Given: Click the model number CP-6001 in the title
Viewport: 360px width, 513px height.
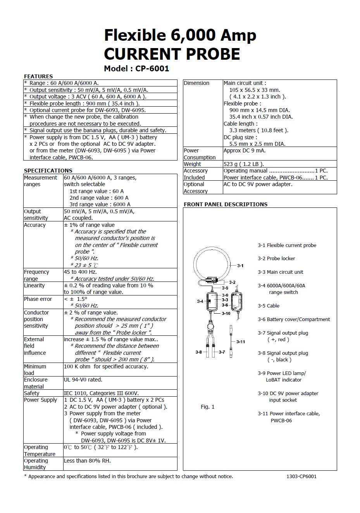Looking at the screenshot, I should [152, 69].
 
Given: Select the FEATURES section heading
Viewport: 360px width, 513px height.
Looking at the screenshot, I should [38, 76].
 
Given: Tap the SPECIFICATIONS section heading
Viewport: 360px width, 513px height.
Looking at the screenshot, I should [48, 171].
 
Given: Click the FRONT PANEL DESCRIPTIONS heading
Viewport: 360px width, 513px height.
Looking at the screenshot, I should [226, 204].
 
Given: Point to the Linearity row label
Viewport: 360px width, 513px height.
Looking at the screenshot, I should [34, 286].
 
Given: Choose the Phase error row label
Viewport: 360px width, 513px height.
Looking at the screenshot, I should [38, 299].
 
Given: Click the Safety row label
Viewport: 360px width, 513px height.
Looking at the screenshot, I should [32, 393].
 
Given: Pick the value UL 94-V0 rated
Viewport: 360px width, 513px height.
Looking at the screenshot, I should [83, 380].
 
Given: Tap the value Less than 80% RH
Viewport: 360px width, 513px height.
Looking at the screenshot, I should [87, 461].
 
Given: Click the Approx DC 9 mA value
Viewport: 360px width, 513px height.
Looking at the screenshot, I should [245, 150].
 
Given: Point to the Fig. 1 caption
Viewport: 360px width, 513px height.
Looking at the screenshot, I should [207, 407].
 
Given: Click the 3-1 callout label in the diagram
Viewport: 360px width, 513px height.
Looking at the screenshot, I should [240, 266].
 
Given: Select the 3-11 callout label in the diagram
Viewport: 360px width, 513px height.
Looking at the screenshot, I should [241, 342].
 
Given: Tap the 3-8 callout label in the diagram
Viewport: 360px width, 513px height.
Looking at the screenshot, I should [199, 352].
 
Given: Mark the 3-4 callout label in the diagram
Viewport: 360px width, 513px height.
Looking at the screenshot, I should [200, 301].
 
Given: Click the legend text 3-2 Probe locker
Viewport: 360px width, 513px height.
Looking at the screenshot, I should [276, 259].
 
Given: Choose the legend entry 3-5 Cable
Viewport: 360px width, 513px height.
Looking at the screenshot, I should [269, 306].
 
